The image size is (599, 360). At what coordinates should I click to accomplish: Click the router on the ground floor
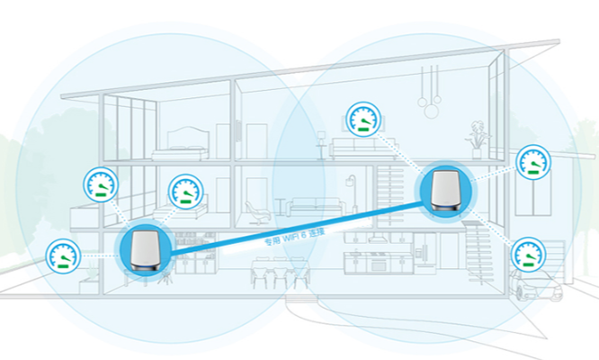[145, 251]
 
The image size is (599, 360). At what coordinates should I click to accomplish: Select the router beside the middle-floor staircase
[445, 190]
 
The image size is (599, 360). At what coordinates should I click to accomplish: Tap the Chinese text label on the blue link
[294, 236]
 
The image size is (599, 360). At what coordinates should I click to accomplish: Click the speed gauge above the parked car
[528, 255]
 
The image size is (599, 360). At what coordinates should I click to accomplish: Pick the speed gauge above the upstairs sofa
[363, 119]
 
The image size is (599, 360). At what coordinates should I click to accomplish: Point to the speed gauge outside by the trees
[63, 256]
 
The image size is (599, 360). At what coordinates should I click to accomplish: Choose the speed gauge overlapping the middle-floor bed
[186, 192]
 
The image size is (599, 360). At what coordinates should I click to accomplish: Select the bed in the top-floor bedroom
[180, 144]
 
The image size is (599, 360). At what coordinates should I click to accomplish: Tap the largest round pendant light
[432, 112]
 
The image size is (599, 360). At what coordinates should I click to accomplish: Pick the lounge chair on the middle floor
[257, 213]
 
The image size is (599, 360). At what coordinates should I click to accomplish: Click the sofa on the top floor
[363, 148]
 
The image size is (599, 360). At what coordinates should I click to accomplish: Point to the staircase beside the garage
[478, 252]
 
